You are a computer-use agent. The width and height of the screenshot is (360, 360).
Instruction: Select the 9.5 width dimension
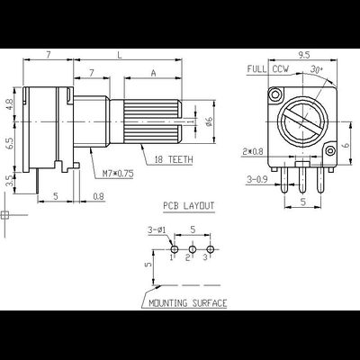tap(304, 55)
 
